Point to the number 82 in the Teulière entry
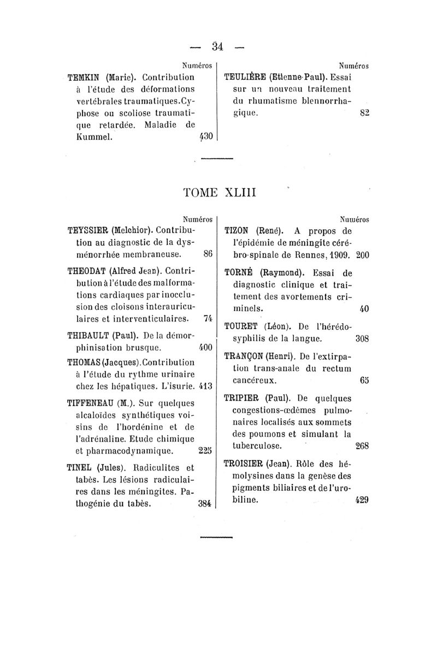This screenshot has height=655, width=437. point(365,113)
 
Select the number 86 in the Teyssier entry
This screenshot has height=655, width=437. point(208,254)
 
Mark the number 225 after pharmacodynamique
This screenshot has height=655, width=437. point(205,451)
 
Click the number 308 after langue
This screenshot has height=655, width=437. point(363,338)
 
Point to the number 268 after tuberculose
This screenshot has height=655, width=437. point(363,446)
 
